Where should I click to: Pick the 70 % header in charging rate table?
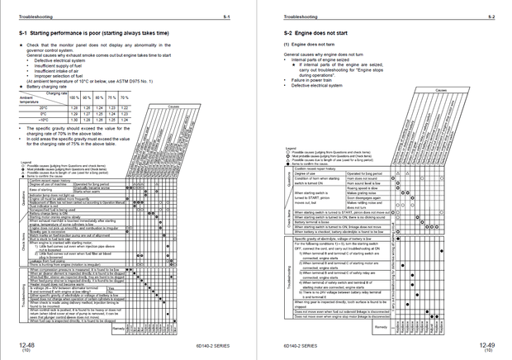[126, 98]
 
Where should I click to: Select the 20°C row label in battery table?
[44, 107]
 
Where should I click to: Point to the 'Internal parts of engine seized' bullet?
[324, 60]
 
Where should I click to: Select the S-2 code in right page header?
[491, 16]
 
